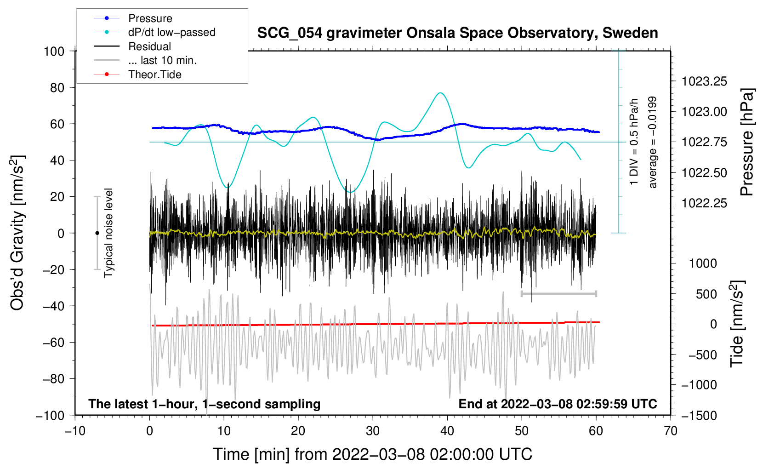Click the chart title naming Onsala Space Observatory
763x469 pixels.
click(457, 33)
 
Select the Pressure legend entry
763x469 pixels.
click(133, 18)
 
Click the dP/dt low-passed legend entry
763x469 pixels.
click(154, 32)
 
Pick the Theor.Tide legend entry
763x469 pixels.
click(137, 74)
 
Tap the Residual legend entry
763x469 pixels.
click(132, 46)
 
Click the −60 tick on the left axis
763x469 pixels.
click(53, 342)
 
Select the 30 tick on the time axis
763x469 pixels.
click(373, 431)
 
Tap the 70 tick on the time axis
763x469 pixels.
click(670, 431)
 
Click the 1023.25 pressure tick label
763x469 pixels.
click(704, 81)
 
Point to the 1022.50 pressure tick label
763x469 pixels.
click(704, 173)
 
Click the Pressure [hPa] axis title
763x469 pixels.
click(747, 142)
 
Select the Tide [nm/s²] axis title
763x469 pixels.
click(737, 324)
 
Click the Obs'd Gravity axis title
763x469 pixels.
click(17, 233)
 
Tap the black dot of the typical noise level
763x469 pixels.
click(97, 233)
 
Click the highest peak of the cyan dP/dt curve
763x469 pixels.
click(440, 93)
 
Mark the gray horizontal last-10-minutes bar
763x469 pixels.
click(558, 293)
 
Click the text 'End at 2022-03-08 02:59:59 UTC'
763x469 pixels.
click(558, 404)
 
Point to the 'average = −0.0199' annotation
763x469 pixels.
click(652, 142)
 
